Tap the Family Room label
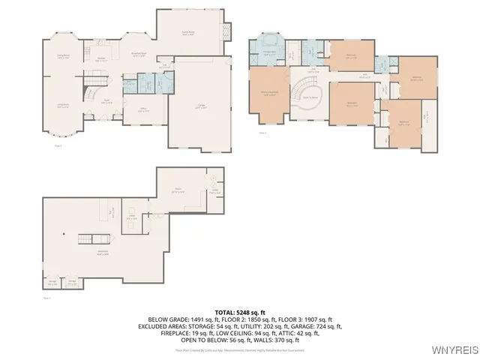click(x=188, y=33)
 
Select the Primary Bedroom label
click(x=268, y=94)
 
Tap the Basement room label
click(x=103, y=251)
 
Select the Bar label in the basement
click(x=112, y=212)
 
